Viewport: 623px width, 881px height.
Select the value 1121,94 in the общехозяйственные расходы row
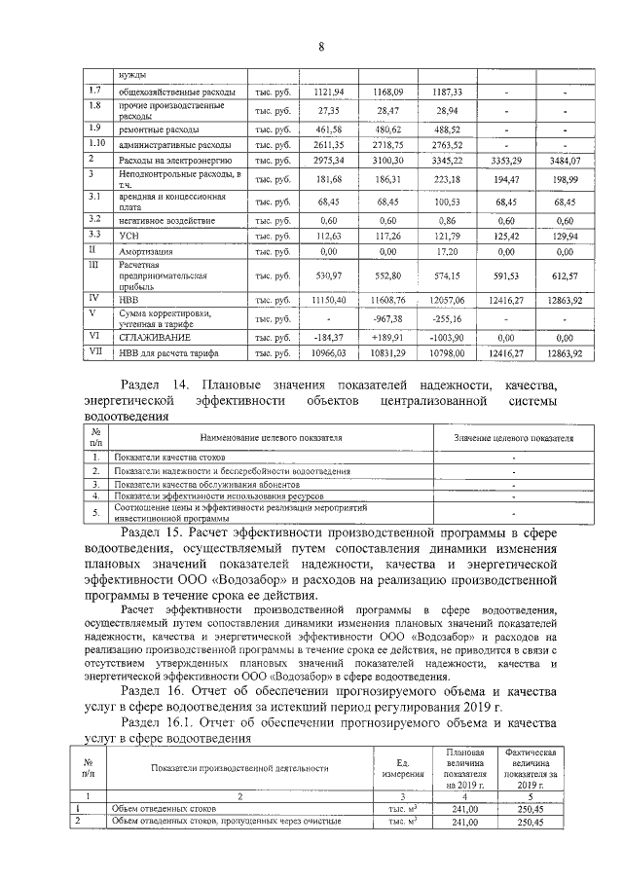point(330,92)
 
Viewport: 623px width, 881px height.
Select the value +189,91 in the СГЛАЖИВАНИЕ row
point(388,336)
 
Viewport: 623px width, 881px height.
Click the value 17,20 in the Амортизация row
point(449,250)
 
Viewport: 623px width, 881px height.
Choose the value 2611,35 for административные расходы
point(330,144)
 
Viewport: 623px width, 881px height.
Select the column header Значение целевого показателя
point(513,438)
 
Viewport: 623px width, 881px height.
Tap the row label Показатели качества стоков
point(169,456)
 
